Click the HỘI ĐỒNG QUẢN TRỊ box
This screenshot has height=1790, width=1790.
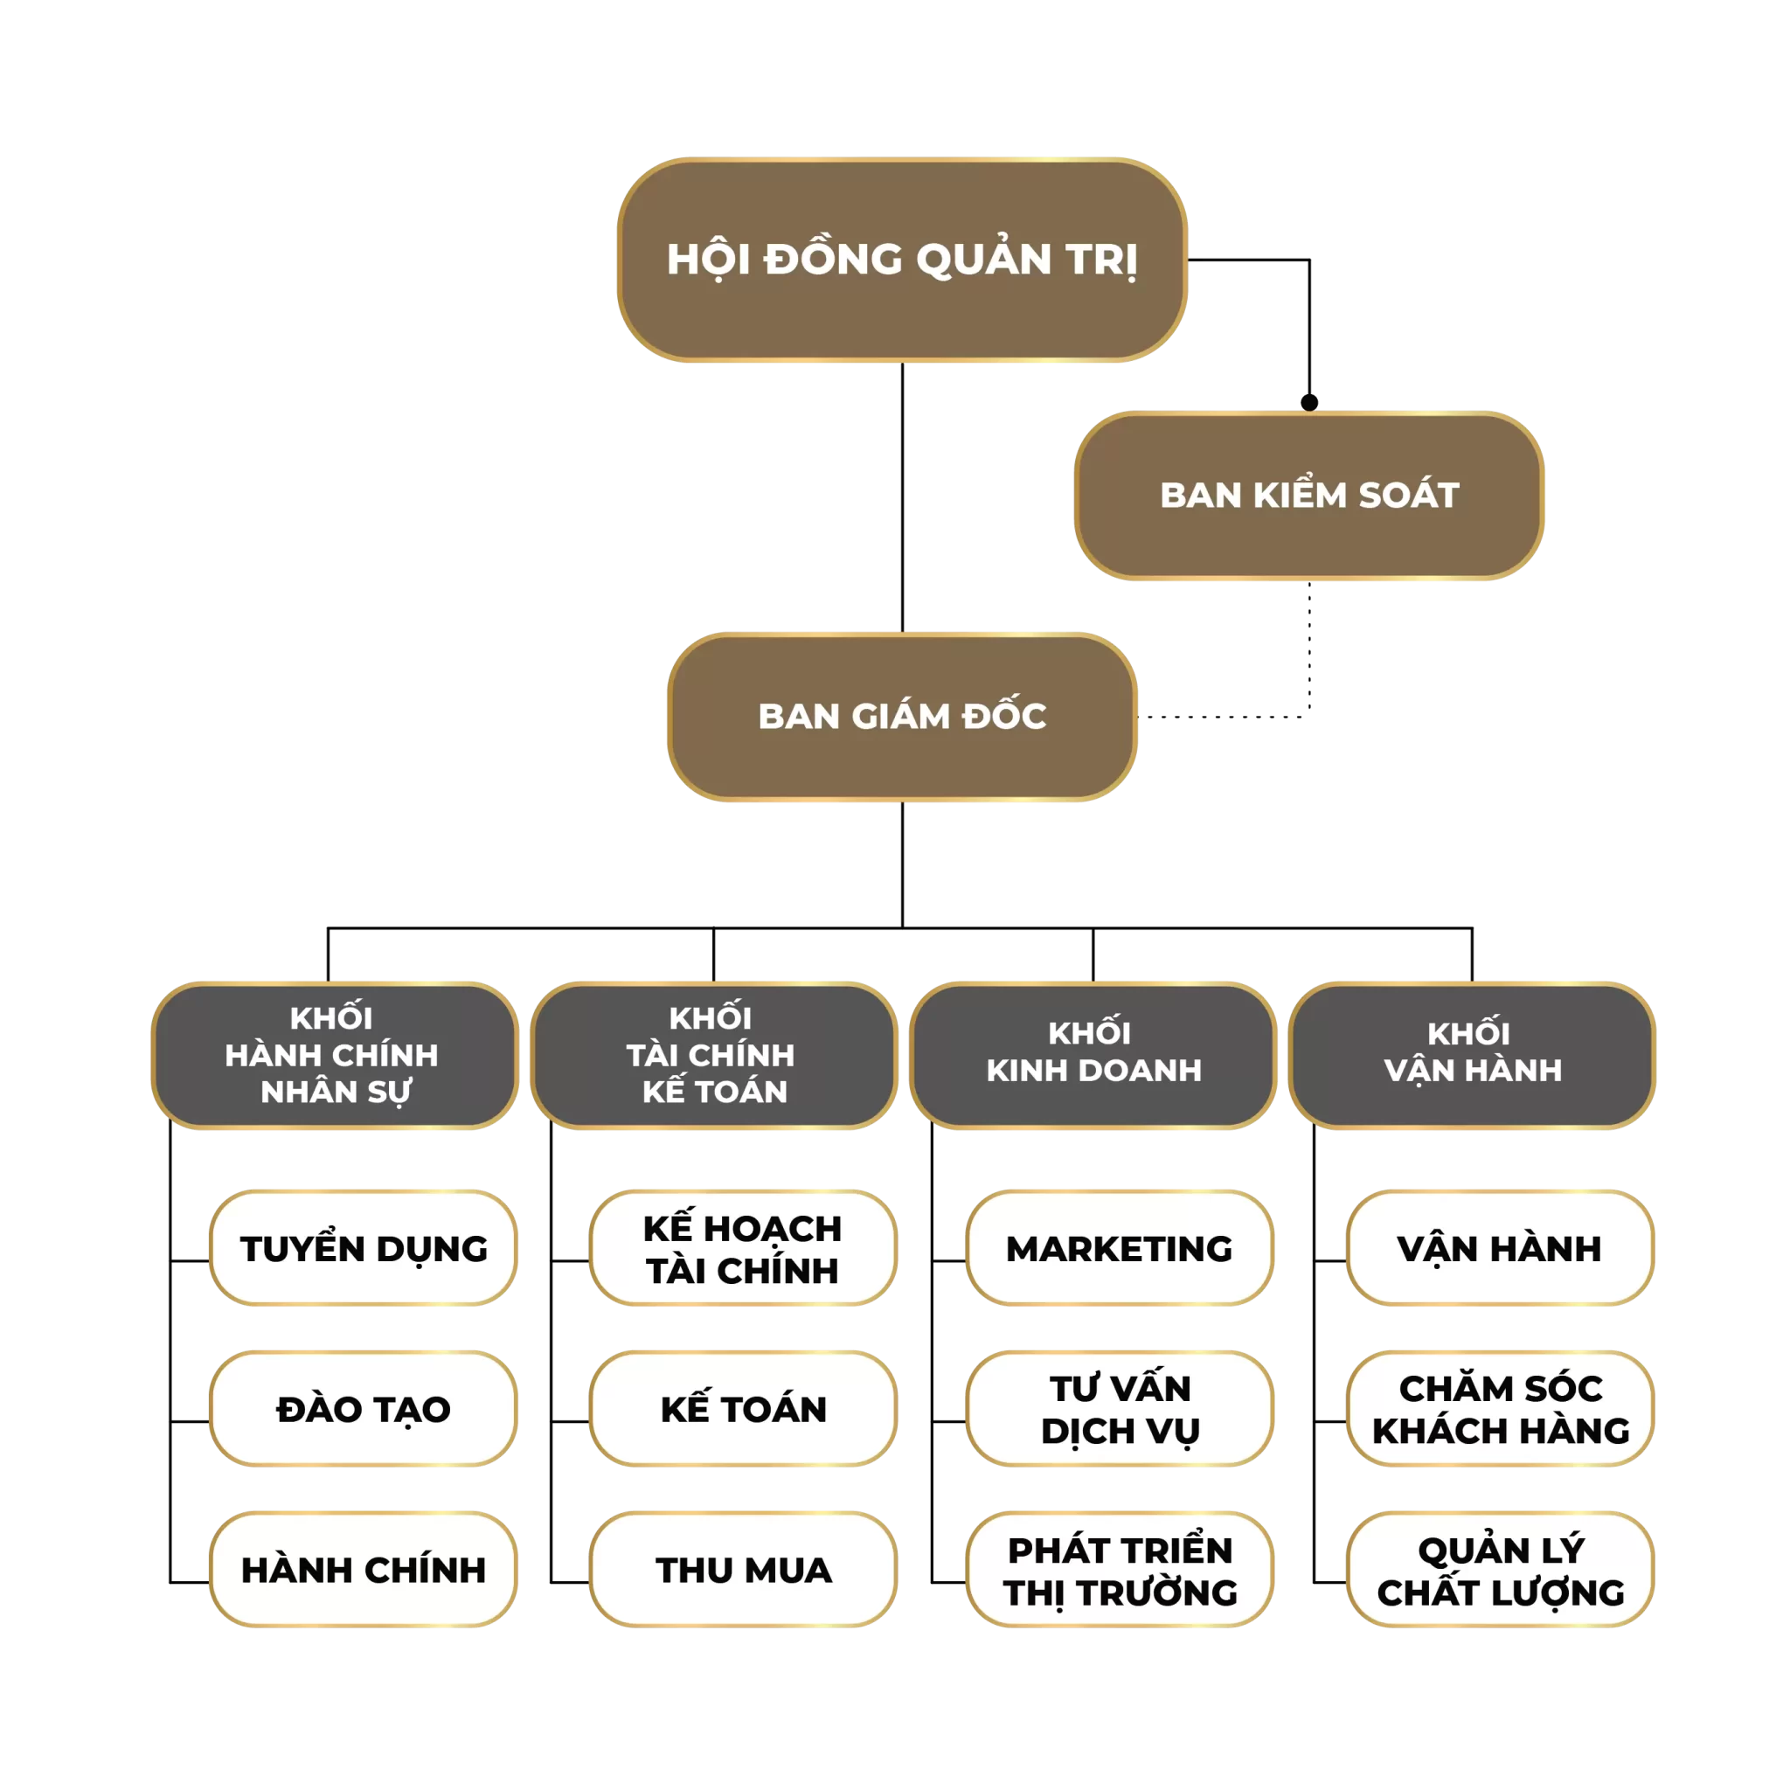901,260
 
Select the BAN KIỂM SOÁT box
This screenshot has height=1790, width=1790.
1308,496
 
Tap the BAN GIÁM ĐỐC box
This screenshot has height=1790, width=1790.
901,716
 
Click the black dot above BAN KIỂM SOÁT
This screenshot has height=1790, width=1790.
1309,402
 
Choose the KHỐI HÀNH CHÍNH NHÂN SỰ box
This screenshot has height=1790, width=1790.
335,1055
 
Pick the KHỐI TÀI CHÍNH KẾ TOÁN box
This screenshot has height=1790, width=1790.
713,1055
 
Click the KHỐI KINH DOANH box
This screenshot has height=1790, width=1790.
1093,1055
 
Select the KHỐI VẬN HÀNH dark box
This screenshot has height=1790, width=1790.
1472,1055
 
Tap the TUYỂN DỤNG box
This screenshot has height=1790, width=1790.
364,1248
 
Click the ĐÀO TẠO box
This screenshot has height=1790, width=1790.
364,1408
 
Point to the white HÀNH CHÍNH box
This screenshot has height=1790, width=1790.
364,1570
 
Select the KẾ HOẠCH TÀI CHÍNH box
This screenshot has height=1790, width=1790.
743,1248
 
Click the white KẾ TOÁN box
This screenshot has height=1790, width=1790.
743,1408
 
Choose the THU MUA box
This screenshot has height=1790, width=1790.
743,1570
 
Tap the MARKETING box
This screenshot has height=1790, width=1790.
1120,1248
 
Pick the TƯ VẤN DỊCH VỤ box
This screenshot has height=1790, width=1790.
1120,1408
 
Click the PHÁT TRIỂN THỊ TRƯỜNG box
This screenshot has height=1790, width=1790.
1120,1570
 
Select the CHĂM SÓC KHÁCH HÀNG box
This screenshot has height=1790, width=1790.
1500,1408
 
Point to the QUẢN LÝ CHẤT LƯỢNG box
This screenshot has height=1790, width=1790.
1500,1570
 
